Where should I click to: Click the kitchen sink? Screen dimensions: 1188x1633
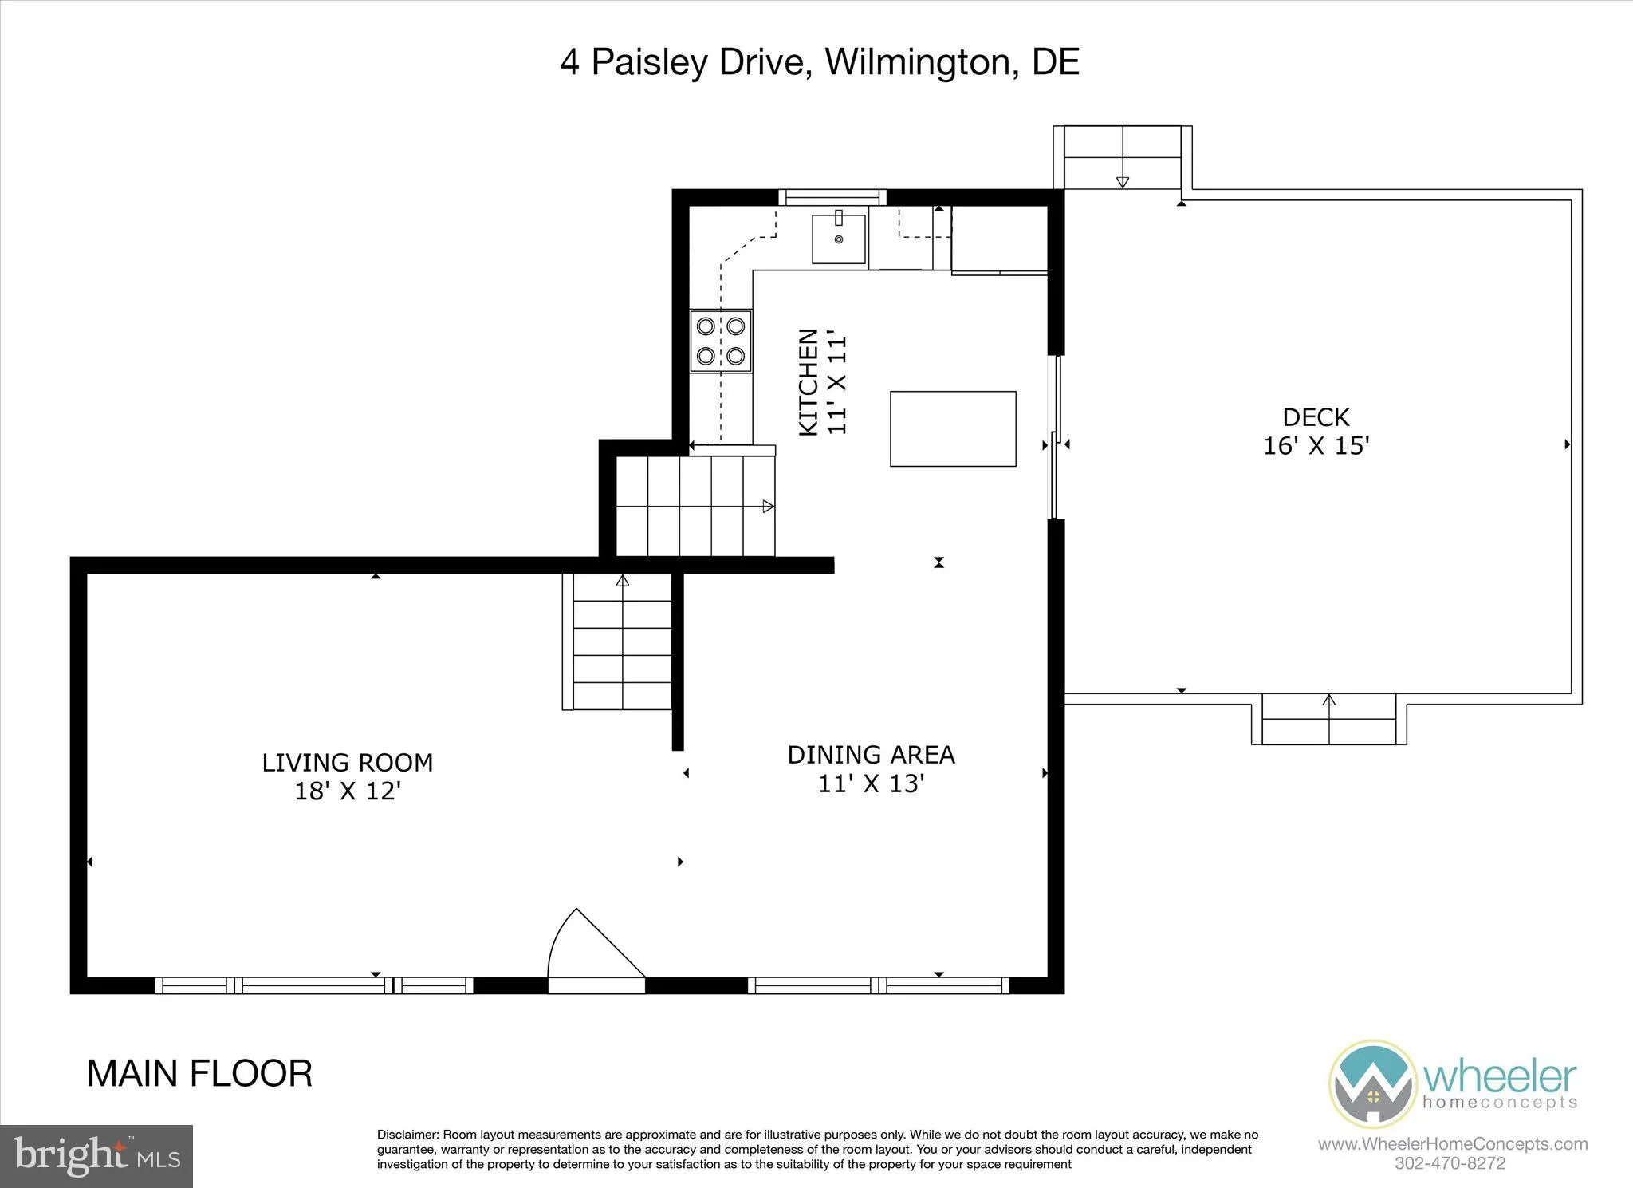click(x=838, y=238)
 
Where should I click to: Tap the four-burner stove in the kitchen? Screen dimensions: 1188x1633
click(x=721, y=341)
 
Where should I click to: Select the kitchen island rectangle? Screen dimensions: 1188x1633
click(x=953, y=428)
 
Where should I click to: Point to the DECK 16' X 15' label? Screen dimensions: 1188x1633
click(x=1316, y=432)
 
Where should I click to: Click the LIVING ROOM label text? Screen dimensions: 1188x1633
click(x=348, y=763)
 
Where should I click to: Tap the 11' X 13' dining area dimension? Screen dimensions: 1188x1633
click(x=871, y=783)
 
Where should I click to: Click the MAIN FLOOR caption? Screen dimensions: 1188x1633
click(x=199, y=1074)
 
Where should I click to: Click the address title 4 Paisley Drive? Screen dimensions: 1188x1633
click(x=819, y=62)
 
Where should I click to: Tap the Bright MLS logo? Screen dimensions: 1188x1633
click(x=96, y=1156)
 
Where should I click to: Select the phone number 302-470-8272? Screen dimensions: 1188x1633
click(x=1450, y=1163)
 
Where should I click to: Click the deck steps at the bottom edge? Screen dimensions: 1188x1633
click(x=1328, y=720)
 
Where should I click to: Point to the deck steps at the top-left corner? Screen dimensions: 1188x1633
click(x=1123, y=156)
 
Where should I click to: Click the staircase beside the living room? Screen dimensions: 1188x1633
click(x=622, y=642)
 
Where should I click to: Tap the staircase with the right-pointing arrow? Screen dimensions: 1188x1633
click(x=695, y=506)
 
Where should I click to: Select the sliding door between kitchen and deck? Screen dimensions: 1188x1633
click(x=1056, y=437)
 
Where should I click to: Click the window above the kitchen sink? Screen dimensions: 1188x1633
click(x=832, y=197)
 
